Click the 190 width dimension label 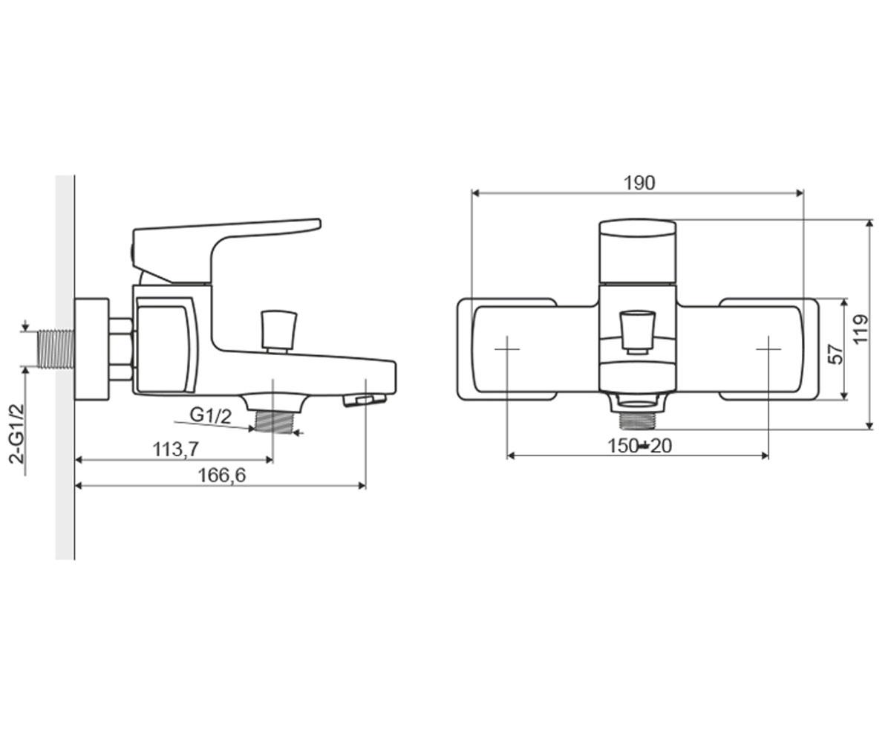[639, 184]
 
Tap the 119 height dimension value [861, 329]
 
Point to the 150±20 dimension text [639, 447]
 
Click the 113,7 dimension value [175, 450]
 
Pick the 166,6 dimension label [222, 476]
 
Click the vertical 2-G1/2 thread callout [18, 433]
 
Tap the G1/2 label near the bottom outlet [210, 415]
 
